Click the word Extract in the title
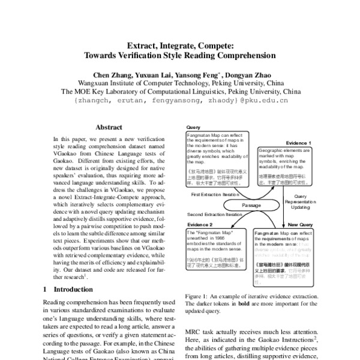tap(142, 44)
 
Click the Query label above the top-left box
tap(194, 127)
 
